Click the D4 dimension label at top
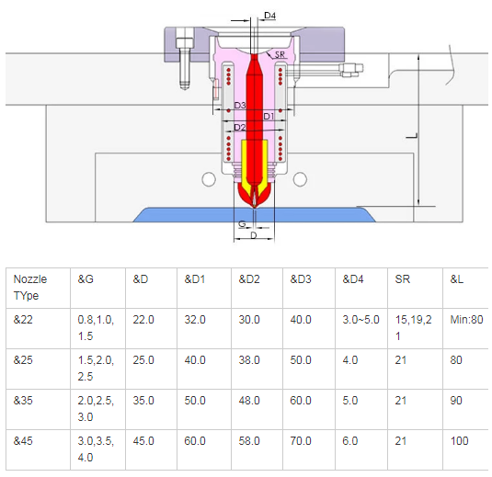click(x=269, y=15)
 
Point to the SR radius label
click(x=280, y=54)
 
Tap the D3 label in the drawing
click(x=240, y=105)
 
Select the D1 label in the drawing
click(x=269, y=117)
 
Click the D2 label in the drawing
click(x=240, y=127)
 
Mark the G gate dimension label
click(x=242, y=223)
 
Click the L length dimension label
click(x=412, y=136)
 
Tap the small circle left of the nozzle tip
click(x=209, y=179)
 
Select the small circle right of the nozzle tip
click(x=300, y=179)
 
